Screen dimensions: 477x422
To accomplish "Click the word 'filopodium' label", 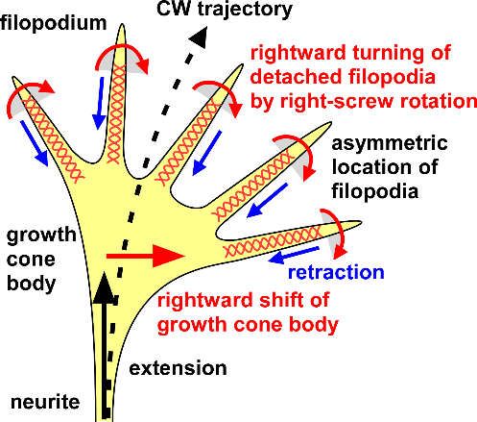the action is pyautogui.click(x=53, y=23).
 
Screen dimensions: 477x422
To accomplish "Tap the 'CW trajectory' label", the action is pyautogui.click(x=225, y=10).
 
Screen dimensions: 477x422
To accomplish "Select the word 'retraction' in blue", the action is pyautogui.click(x=336, y=272).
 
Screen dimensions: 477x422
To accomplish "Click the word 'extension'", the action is pyautogui.click(x=178, y=368).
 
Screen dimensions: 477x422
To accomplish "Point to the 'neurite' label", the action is pyautogui.click(x=45, y=402).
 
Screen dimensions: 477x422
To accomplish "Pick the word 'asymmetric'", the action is pyautogui.click(x=390, y=143).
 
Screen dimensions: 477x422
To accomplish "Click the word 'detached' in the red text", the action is pyautogui.click(x=295, y=77).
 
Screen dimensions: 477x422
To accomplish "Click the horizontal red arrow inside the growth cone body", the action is pyautogui.click(x=146, y=256).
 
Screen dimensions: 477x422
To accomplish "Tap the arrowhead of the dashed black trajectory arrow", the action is pyautogui.click(x=199, y=37).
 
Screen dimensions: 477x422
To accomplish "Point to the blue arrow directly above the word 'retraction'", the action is pyautogui.click(x=295, y=255).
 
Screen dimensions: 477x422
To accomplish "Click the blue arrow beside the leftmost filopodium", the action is pyautogui.click(x=35, y=143).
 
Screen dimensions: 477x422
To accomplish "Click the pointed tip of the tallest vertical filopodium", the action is pyautogui.click(x=122, y=25).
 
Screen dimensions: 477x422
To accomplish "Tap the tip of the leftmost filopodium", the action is pyautogui.click(x=13, y=77).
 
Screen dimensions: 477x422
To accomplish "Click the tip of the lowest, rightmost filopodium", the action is pyautogui.click(x=361, y=222).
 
